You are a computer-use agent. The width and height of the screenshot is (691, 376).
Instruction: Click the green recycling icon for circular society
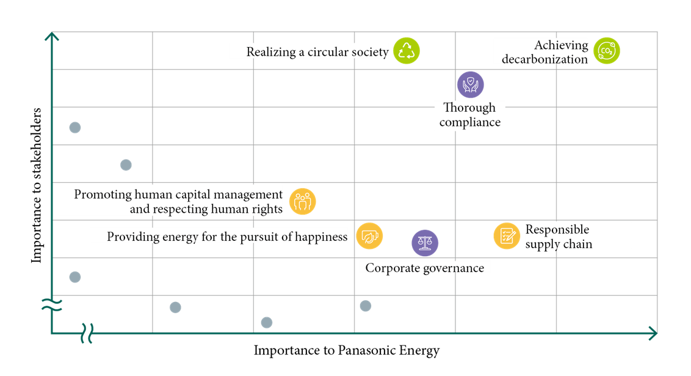[x=406, y=51]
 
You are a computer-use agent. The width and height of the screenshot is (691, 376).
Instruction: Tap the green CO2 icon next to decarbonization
[x=606, y=51]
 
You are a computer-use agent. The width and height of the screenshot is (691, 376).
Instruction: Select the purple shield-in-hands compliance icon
[x=470, y=84]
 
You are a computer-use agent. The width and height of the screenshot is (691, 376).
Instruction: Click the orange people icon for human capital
[x=302, y=201]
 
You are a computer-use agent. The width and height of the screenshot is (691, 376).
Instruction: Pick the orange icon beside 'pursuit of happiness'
[x=369, y=236]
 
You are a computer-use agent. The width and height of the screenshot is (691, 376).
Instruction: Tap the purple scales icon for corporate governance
[x=424, y=243]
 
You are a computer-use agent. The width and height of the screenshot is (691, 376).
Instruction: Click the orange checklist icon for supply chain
[x=507, y=235]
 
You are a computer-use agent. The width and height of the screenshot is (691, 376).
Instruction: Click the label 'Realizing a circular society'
[x=317, y=52]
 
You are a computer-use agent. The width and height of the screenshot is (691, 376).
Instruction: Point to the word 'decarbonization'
[x=544, y=59]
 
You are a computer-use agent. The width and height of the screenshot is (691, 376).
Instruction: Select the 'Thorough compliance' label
[x=469, y=115]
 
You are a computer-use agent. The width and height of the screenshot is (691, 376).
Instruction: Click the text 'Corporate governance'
[x=424, y=268]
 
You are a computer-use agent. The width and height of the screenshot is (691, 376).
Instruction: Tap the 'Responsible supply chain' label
[x=559, y=237]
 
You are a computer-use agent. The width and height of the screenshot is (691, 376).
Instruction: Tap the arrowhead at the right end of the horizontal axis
[x=653, y=333]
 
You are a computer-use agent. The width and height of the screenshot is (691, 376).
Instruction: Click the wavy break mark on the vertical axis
[x=52, y=304]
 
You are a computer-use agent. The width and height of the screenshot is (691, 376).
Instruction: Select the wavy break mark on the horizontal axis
[x=87, y=333]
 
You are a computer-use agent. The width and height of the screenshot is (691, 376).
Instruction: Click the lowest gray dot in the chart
[x=266, y=322]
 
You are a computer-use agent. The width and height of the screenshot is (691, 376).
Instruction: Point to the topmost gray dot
[x=75, y=127]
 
